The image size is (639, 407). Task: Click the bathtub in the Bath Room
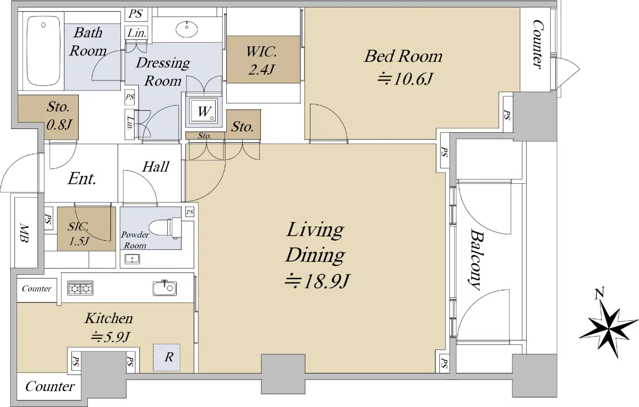tap(44, 51)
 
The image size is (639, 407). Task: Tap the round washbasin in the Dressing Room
tap(186, 29)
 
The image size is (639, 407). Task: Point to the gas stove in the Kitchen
tap(80, 288)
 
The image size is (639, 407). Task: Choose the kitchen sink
tap(165, 288)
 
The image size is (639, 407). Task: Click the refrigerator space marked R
tap(167, 357)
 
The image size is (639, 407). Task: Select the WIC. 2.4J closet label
tap(261, 61)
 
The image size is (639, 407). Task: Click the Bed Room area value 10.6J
tap(405, 79)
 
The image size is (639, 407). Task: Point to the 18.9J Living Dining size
tap(317, 281)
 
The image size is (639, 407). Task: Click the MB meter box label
tap(24, 233)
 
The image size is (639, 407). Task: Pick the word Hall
tap(155, 167)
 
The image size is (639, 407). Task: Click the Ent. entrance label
tap(82, 178)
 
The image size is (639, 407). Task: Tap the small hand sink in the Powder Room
tap(133, 259)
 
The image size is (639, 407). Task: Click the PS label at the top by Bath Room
tap(135, 14)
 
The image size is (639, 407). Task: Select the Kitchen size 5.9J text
tap(111, 337)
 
